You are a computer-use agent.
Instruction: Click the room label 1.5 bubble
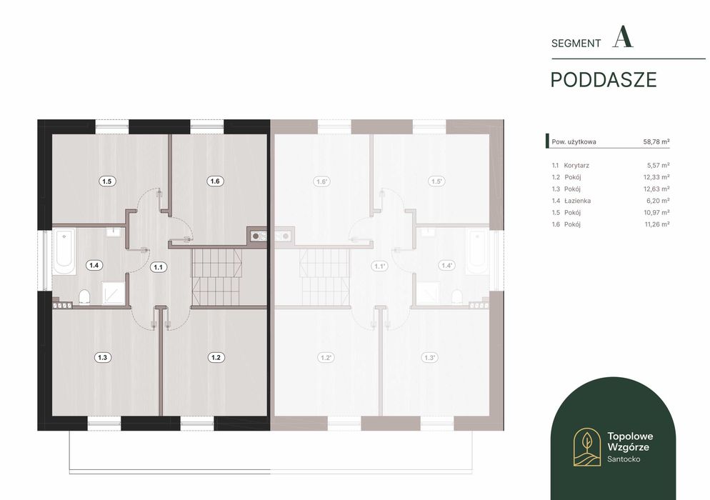106,181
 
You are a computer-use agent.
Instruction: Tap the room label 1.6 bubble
214,181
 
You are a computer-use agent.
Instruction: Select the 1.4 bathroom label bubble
94,265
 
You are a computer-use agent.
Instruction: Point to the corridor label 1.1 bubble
158,267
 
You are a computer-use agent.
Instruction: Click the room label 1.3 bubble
103,357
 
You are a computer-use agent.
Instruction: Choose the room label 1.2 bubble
216,357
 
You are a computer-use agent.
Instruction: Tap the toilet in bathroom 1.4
85,297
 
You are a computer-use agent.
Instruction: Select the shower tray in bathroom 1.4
112,293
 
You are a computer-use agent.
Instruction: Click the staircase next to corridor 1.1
216,276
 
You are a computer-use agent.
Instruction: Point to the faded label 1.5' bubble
436,181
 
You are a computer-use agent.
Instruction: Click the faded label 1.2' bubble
326,358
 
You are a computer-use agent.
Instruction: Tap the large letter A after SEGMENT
623,37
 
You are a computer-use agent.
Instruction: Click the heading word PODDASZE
604,80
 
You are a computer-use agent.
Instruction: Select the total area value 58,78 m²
656,141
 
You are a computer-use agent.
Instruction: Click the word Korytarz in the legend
576,166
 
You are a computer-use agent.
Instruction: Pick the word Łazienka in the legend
577,201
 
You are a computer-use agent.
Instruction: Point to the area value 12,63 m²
657,189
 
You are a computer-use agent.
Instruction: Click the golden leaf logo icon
587,447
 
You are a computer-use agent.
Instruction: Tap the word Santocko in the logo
624,459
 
